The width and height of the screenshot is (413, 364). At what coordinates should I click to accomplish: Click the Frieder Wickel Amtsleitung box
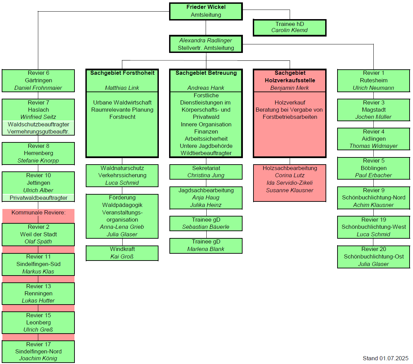click(x=206, y=11)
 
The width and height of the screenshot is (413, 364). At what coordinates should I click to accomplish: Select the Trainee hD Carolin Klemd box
click(x=289, y=28)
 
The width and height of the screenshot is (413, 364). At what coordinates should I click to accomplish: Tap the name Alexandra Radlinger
click(x=206, y=40)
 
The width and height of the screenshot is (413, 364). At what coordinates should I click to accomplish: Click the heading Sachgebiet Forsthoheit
click(x=122, y=73)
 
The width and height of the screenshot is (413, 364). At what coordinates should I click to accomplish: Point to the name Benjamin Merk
click(x=289, y=88)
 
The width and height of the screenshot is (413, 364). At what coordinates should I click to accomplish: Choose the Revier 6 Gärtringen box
click(x=38, y=81)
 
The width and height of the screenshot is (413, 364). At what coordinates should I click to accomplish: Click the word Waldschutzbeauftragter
click(x=38, y=124)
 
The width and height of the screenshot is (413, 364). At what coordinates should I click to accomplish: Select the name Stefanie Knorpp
click(x=38, y=160)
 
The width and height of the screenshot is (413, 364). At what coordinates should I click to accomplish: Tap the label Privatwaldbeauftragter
click(x=38, y=198)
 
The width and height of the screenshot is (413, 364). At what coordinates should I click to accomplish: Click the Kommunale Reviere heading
click(x=38, y=212)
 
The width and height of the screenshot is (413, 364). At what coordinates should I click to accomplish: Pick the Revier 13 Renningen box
click(x=38, y=293)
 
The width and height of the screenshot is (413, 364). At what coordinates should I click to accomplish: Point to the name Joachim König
click(x=38, y=358)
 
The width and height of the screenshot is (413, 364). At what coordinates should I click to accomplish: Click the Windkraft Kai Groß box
click(x=122, y=253)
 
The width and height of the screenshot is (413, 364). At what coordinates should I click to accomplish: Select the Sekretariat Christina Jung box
click(x=206, y=172)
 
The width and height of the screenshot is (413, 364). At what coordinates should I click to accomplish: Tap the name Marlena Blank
click(x=206, y=249)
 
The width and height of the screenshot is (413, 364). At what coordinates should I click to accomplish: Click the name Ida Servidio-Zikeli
click(x=289, y=183)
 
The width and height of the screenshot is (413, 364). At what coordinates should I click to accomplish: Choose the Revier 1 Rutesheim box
click(x=373, y=81)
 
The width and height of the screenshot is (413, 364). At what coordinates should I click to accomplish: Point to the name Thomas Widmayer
click(x=373, y=146)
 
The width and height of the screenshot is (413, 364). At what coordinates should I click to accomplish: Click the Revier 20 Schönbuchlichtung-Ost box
click(x=373, y=257)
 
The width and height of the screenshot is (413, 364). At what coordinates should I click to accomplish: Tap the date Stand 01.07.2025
click(x=385, y=358)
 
